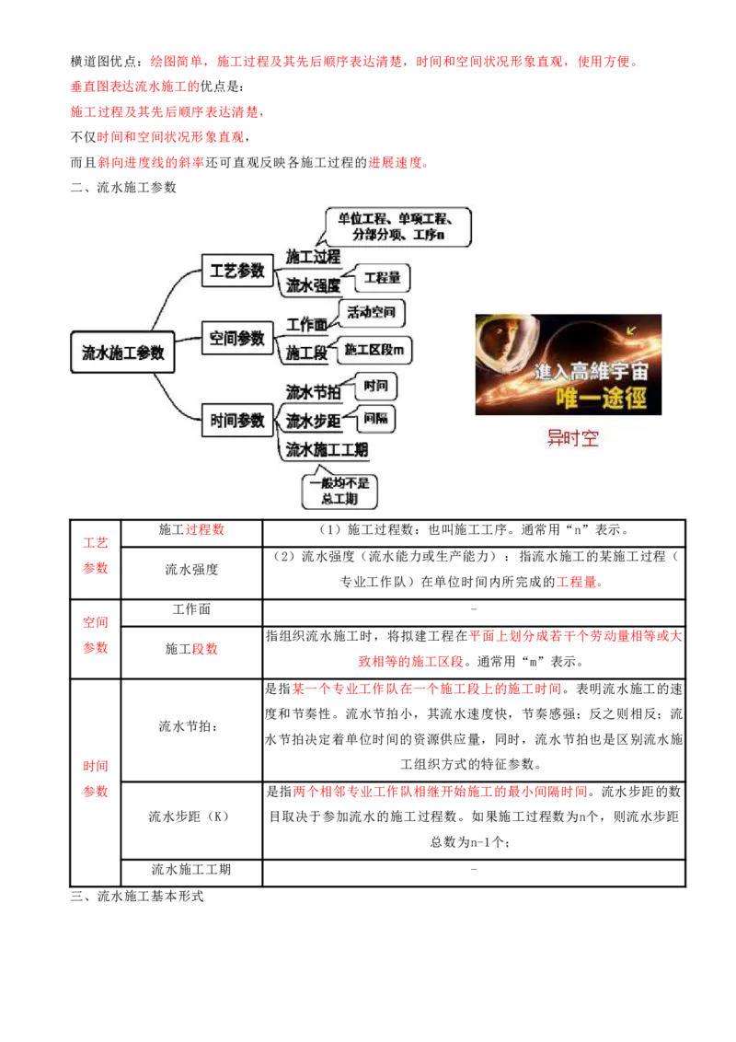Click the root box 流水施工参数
(122, 351)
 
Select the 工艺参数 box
(237, 272)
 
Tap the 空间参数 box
(237, 338)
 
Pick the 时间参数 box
(237, 421)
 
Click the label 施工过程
(313, 256)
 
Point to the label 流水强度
(313, 285)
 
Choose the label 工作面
(306, 325)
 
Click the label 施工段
(306, 353)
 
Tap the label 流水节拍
(313, 392)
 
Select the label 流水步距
(313, 422)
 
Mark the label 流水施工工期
(327, 450)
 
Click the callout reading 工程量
(382, 278)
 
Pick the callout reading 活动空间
(373, 313)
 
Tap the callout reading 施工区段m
(377, 350)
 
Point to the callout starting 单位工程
(398, 226)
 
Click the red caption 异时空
(572, 438)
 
